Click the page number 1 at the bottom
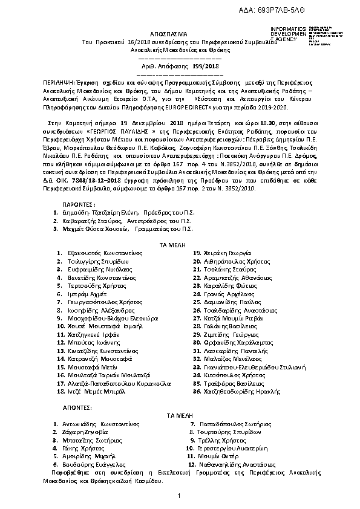(x=180, y=496)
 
